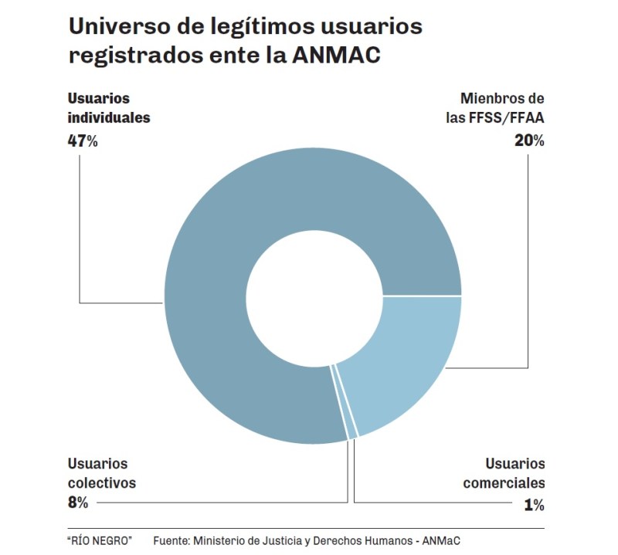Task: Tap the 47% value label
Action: [x=83, y=141]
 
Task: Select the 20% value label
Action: [x=529, y=141]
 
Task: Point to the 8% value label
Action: [x=78, y=503]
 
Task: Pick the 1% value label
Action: [x=533, y=506]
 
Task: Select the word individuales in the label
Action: [x=108, y=119]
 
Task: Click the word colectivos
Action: [x=101, y=483]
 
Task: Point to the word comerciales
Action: [x=504, y=484]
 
